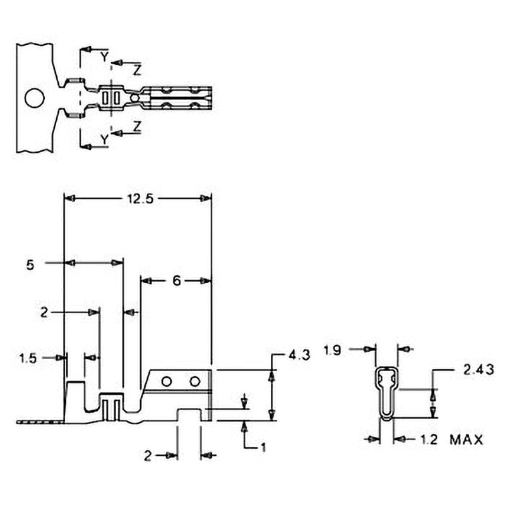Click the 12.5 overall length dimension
pyautogui.click(x=138, y=198)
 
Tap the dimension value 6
pyautogui.click(x=177, y=281)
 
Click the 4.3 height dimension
pyautogui.click(x=299, y=356)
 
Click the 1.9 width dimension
pyautogui.click(x=333, y=348)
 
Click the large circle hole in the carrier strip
pyautogui.click(x=34, y=98)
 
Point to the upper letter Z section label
pyautogui.click(x=137, y=70)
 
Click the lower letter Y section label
pyautogui.click(x=104, y=138)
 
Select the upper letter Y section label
pyautogui.click(x=104, y=57)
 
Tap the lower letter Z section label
pyautogui.click(x=137, y=126)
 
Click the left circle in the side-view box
pyautogui.click(x=167, y=381)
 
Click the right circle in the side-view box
pyautogui.click(x=195, y=381)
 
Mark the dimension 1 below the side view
pyautogui.click(x=264, y=447)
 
